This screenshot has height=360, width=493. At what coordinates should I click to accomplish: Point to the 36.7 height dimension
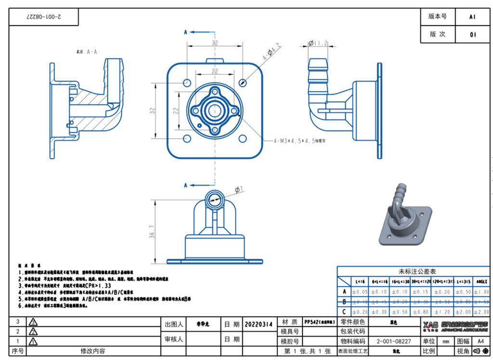(x=152, y=231)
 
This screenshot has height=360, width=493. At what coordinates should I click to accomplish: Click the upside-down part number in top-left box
(x=44, y=17)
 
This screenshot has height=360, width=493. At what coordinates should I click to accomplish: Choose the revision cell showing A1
(x=472, y=16)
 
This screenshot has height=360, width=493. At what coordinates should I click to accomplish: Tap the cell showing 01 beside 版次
(x=472, y=35)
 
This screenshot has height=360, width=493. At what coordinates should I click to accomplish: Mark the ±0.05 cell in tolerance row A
(x=359, y=292)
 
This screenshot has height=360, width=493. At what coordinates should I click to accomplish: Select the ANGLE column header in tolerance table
(x=482, y=281)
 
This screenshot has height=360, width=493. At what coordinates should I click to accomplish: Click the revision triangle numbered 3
(x=33, y=322)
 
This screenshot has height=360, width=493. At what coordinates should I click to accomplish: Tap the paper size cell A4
(x=480, y=341)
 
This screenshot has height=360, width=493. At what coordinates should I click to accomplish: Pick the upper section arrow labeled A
(x=186, y=32)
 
